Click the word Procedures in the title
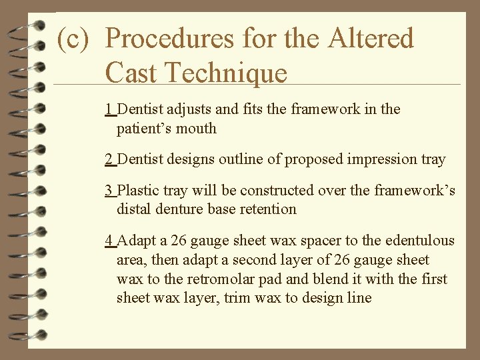pyautogui.click(x=171, y=39)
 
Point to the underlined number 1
pyautogui.click(x=109, y=109)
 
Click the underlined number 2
pyautogui.click(x=109, y=159)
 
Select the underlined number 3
pyautogui.click(x=109, y=191)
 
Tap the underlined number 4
pyautogui.click(x=109, y=241)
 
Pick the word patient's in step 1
pyautogui.click(x=143, y=128)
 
